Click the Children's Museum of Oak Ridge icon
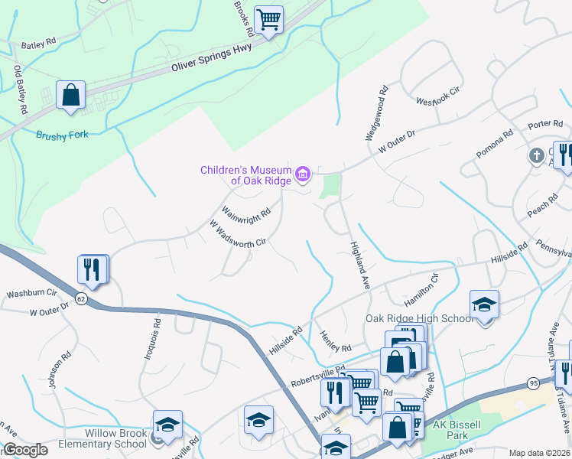tap(303, 175)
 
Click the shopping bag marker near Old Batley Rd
tap(70, 96)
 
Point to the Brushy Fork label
tap(62, 135)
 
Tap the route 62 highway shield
tap(82, 298)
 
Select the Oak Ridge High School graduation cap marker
tap(483, 305)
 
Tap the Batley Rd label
tap(39, 45)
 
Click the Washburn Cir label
tap(32, 293)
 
